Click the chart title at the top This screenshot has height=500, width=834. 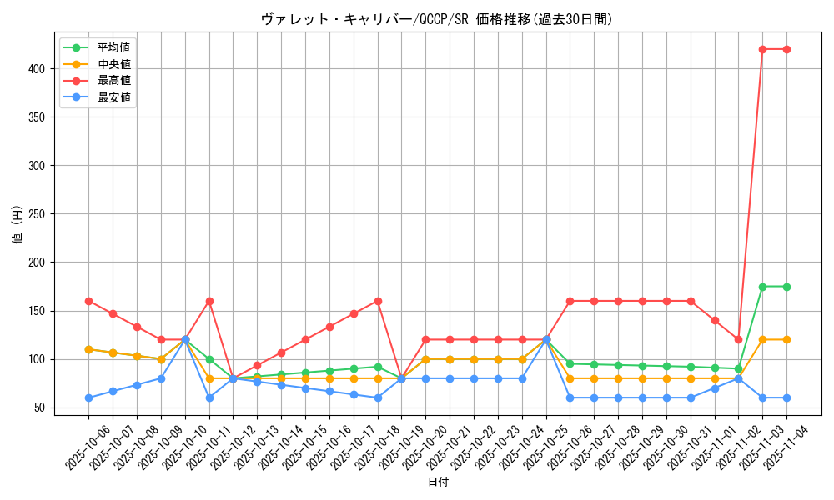[x=437, y=19]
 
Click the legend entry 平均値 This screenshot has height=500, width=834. [x=113, y=47]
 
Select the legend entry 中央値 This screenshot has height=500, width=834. [x=113, y=64]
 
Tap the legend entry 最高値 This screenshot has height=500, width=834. [x=113, y=81]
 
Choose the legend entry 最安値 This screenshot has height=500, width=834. [x=113, y=97]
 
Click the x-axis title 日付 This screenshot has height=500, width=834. [x=438, y=482]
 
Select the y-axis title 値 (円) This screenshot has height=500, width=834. [x=18, y=225]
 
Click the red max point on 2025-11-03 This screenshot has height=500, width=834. [x=762, y=49]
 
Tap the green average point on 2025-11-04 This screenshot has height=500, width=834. [x=786, y=287]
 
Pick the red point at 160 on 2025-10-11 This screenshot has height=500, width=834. [x=209, y=301]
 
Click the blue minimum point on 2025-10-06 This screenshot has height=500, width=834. [x=88, y=397]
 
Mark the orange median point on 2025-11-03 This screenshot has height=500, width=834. [x=762, y=340]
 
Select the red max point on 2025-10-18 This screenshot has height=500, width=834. [x=378, y=301]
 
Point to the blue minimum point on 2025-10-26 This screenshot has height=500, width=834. [x=570, y=397]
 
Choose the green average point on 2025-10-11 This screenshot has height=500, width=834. [x=209, y=359]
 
